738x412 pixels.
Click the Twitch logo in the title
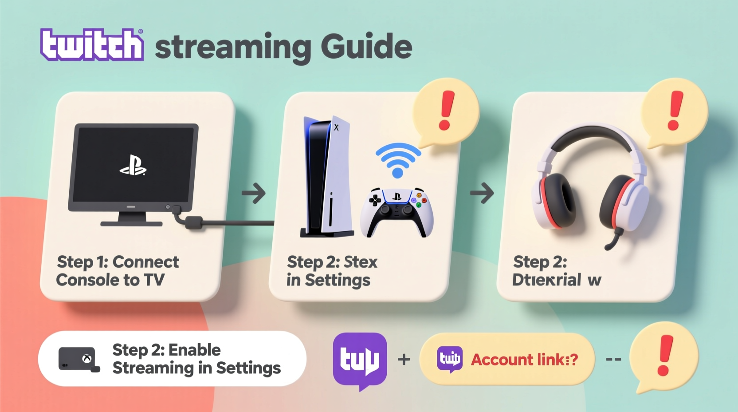tap(92, 45)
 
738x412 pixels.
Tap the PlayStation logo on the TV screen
tap(133, 166)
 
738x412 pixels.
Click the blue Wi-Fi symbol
tap(398, 160)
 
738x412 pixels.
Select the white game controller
tap(396, 210)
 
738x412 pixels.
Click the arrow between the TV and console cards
tap(254, 194)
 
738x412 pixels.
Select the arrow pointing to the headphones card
tap(482, 193)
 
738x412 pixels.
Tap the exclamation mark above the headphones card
tap(675, 111)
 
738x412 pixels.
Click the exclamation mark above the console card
tap(447, 111)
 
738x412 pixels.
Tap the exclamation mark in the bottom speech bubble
tap(665, 355)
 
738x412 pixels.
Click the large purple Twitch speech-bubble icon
tap(360, 359)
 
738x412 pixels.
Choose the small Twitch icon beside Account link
tap(450, 359)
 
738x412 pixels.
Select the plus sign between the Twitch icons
tap(404, 359)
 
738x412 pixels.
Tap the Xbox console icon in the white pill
tap(79, 359)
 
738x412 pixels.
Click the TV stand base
tap(131, 223)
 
